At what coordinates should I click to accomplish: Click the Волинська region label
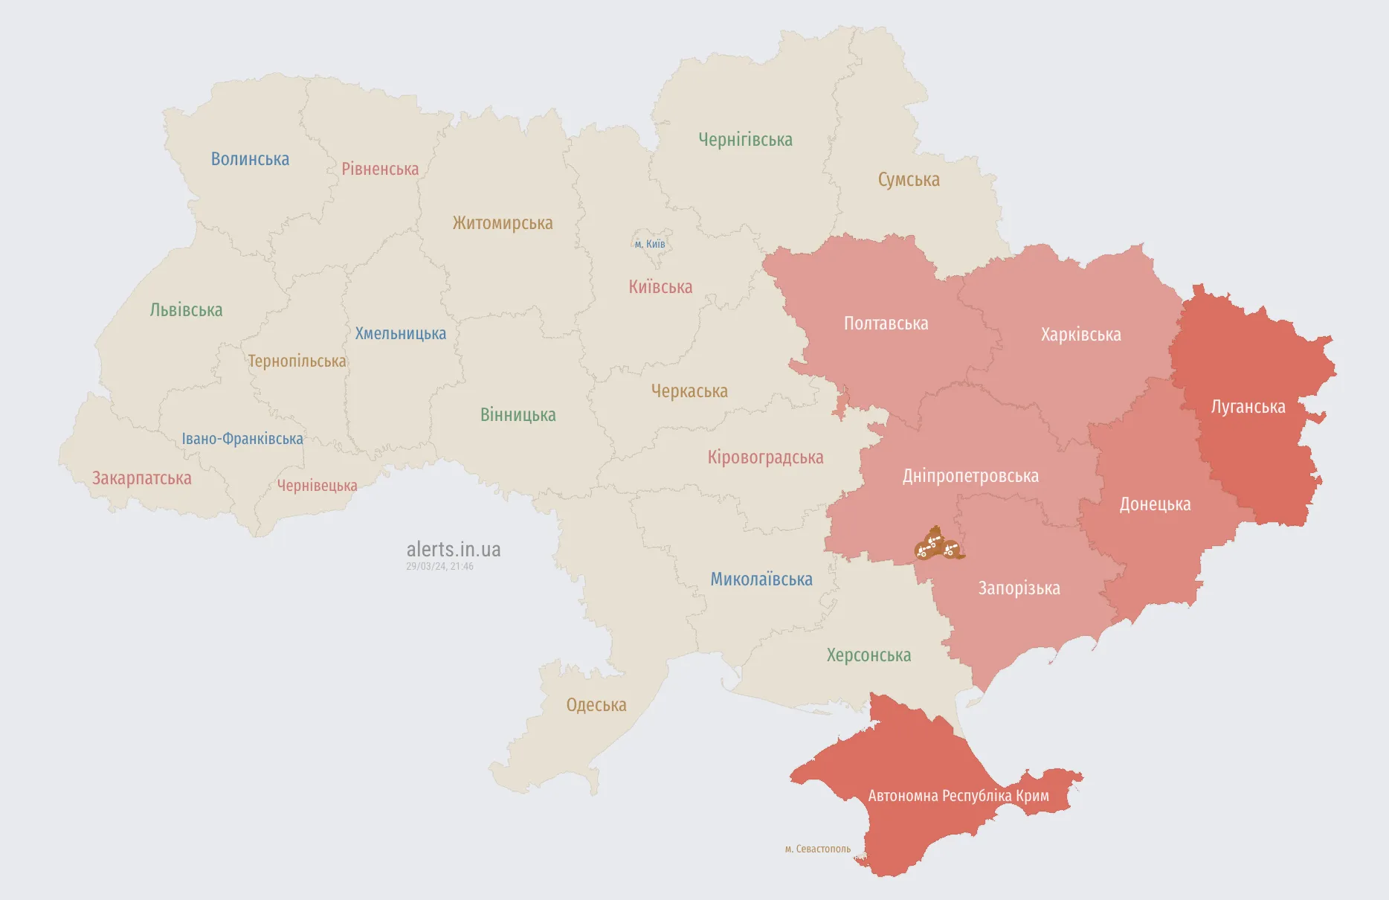point(250,159)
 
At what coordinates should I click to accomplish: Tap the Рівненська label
point(380,169)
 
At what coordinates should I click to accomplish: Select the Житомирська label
point(503,222)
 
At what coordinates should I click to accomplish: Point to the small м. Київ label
point(650,244)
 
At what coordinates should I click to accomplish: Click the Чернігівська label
point(745,140)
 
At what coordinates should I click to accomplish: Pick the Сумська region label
point(909,180)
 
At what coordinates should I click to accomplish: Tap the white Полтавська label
point(886,324)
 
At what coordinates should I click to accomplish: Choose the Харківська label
point(1080,335)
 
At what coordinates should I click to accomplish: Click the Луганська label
point(1248,407)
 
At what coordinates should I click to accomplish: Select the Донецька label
point(1155,504)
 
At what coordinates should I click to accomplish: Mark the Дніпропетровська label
point(970,476)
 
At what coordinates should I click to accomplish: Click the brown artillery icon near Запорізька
point(938,545)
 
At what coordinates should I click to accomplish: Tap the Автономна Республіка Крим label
point(958,796)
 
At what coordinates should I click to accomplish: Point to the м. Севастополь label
point(818,849)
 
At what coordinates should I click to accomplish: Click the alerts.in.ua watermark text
point(454,550)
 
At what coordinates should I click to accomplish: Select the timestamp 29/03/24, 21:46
point(439,567)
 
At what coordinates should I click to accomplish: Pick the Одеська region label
point(596,705)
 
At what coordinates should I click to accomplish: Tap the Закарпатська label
point(141,478)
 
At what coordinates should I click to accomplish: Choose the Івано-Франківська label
point(242,439)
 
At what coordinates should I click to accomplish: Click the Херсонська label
point(868,655)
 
